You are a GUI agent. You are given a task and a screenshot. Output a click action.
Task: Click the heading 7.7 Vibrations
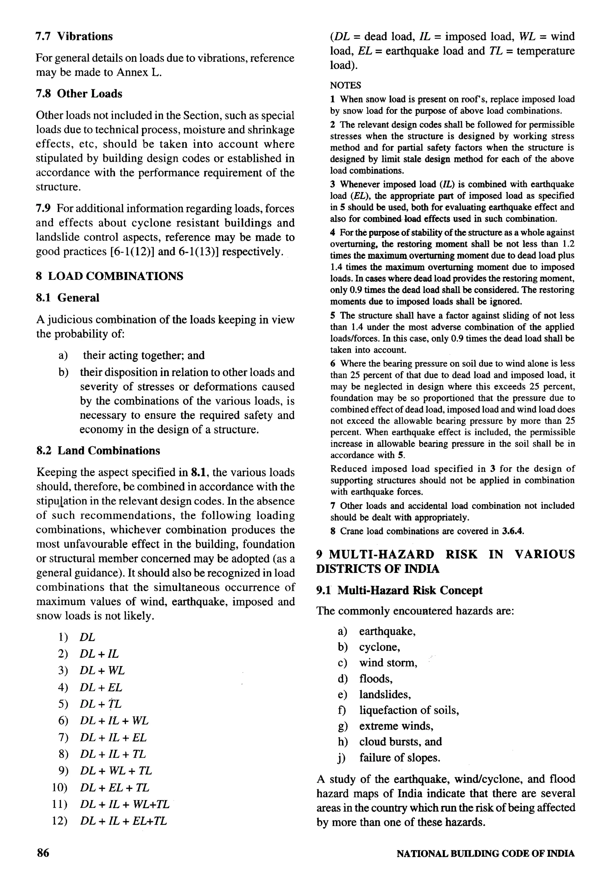click(x=74, y=36)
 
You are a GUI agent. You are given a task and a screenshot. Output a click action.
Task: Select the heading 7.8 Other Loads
click(x=79, y=94)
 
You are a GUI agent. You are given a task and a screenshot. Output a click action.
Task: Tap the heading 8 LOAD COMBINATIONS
click(x=109, y=276)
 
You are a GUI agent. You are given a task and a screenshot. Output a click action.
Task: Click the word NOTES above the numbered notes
click(x=346, y=85)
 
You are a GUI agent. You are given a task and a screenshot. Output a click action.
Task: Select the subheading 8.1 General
click(x=68, y=297)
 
